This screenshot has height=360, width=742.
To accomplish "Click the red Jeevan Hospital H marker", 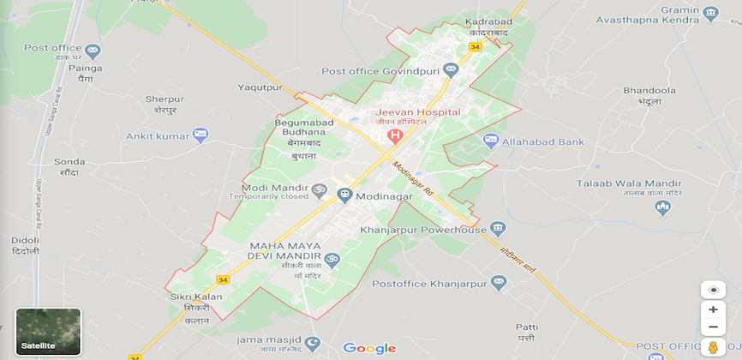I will click(x=395, y=135).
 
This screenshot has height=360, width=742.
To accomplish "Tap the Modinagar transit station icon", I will click(x=344, y=195).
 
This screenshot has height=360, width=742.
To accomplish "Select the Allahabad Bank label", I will click(x=543, y=141).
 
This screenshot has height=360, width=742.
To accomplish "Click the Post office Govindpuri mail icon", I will click(x=452, y=70).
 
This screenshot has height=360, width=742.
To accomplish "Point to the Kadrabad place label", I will click(x=487, y=21).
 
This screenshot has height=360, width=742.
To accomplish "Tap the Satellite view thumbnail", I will click(x=48, y=331).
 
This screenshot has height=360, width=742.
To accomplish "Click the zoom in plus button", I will click(x=713, y=309).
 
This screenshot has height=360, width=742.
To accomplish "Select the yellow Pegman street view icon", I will click(x=713, y=347).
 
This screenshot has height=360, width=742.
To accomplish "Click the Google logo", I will click(x=369, y=348).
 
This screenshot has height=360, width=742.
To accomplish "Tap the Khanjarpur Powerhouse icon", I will click(x=497, y=229).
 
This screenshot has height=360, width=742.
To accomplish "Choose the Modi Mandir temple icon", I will click(x=320, y=189).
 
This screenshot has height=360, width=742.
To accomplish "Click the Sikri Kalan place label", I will click(x=195, y=297).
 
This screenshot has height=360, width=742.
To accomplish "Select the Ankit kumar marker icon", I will click(x=200, y=135).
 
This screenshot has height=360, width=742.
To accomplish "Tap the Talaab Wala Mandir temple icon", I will click(x=661, y=207).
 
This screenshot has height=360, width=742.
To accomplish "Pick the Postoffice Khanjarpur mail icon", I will click(x=500, y=282).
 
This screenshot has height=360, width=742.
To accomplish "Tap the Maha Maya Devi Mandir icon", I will click(x=332, y=259).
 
